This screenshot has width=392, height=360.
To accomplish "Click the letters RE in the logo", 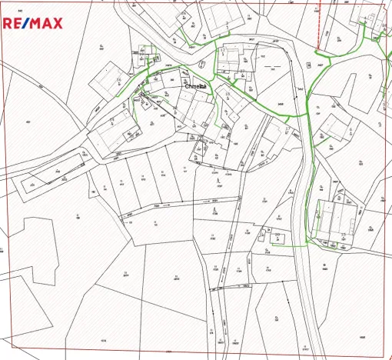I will click(x=13, y=24).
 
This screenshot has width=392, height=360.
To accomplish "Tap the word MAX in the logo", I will click(x=46, y=24).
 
